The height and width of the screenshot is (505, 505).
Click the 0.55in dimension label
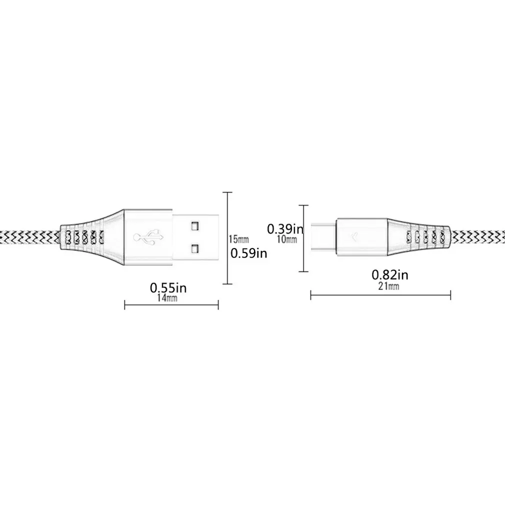[x=168, y=288]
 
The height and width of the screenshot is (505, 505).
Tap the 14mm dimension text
[x=168, y=298]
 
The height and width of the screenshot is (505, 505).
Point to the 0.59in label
[x=248, y=253]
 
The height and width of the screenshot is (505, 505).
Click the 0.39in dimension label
[x=285, y=229]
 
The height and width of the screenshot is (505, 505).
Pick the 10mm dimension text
[x=286, y=239]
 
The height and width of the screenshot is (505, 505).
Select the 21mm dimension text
[x=389, y=286]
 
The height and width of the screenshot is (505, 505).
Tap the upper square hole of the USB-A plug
[x=194, y=226]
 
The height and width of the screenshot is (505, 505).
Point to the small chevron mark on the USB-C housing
[x=355, y=237]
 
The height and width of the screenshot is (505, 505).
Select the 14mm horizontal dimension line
[x=171, y=305]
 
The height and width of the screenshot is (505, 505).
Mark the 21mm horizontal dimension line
[x=380, y=295]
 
